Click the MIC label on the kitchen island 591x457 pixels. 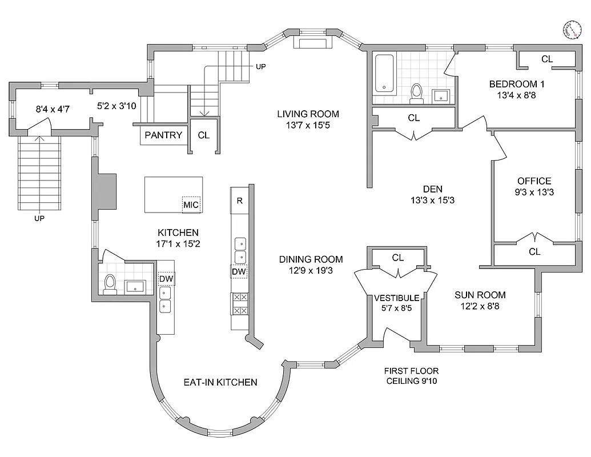point(191,205)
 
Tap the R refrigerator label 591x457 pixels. point(240,201)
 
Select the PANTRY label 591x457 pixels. point(163,135)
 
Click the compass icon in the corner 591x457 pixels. point(572,30)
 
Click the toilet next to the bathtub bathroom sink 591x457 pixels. point(417,93)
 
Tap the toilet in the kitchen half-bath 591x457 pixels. point(110,283)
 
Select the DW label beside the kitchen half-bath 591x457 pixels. point(166,278)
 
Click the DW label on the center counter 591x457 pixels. point(239,272)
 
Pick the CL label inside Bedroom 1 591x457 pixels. point(546,59)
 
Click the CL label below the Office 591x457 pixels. point(534,252)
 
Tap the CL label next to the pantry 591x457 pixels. point(203,135)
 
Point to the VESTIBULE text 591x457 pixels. point(397,298)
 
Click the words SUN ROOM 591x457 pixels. point(480,295)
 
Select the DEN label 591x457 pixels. point(432,189)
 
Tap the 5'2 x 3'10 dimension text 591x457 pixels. point(114,106)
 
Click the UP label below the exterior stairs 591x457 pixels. point(39,218)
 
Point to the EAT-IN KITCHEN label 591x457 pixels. point(220,382)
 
